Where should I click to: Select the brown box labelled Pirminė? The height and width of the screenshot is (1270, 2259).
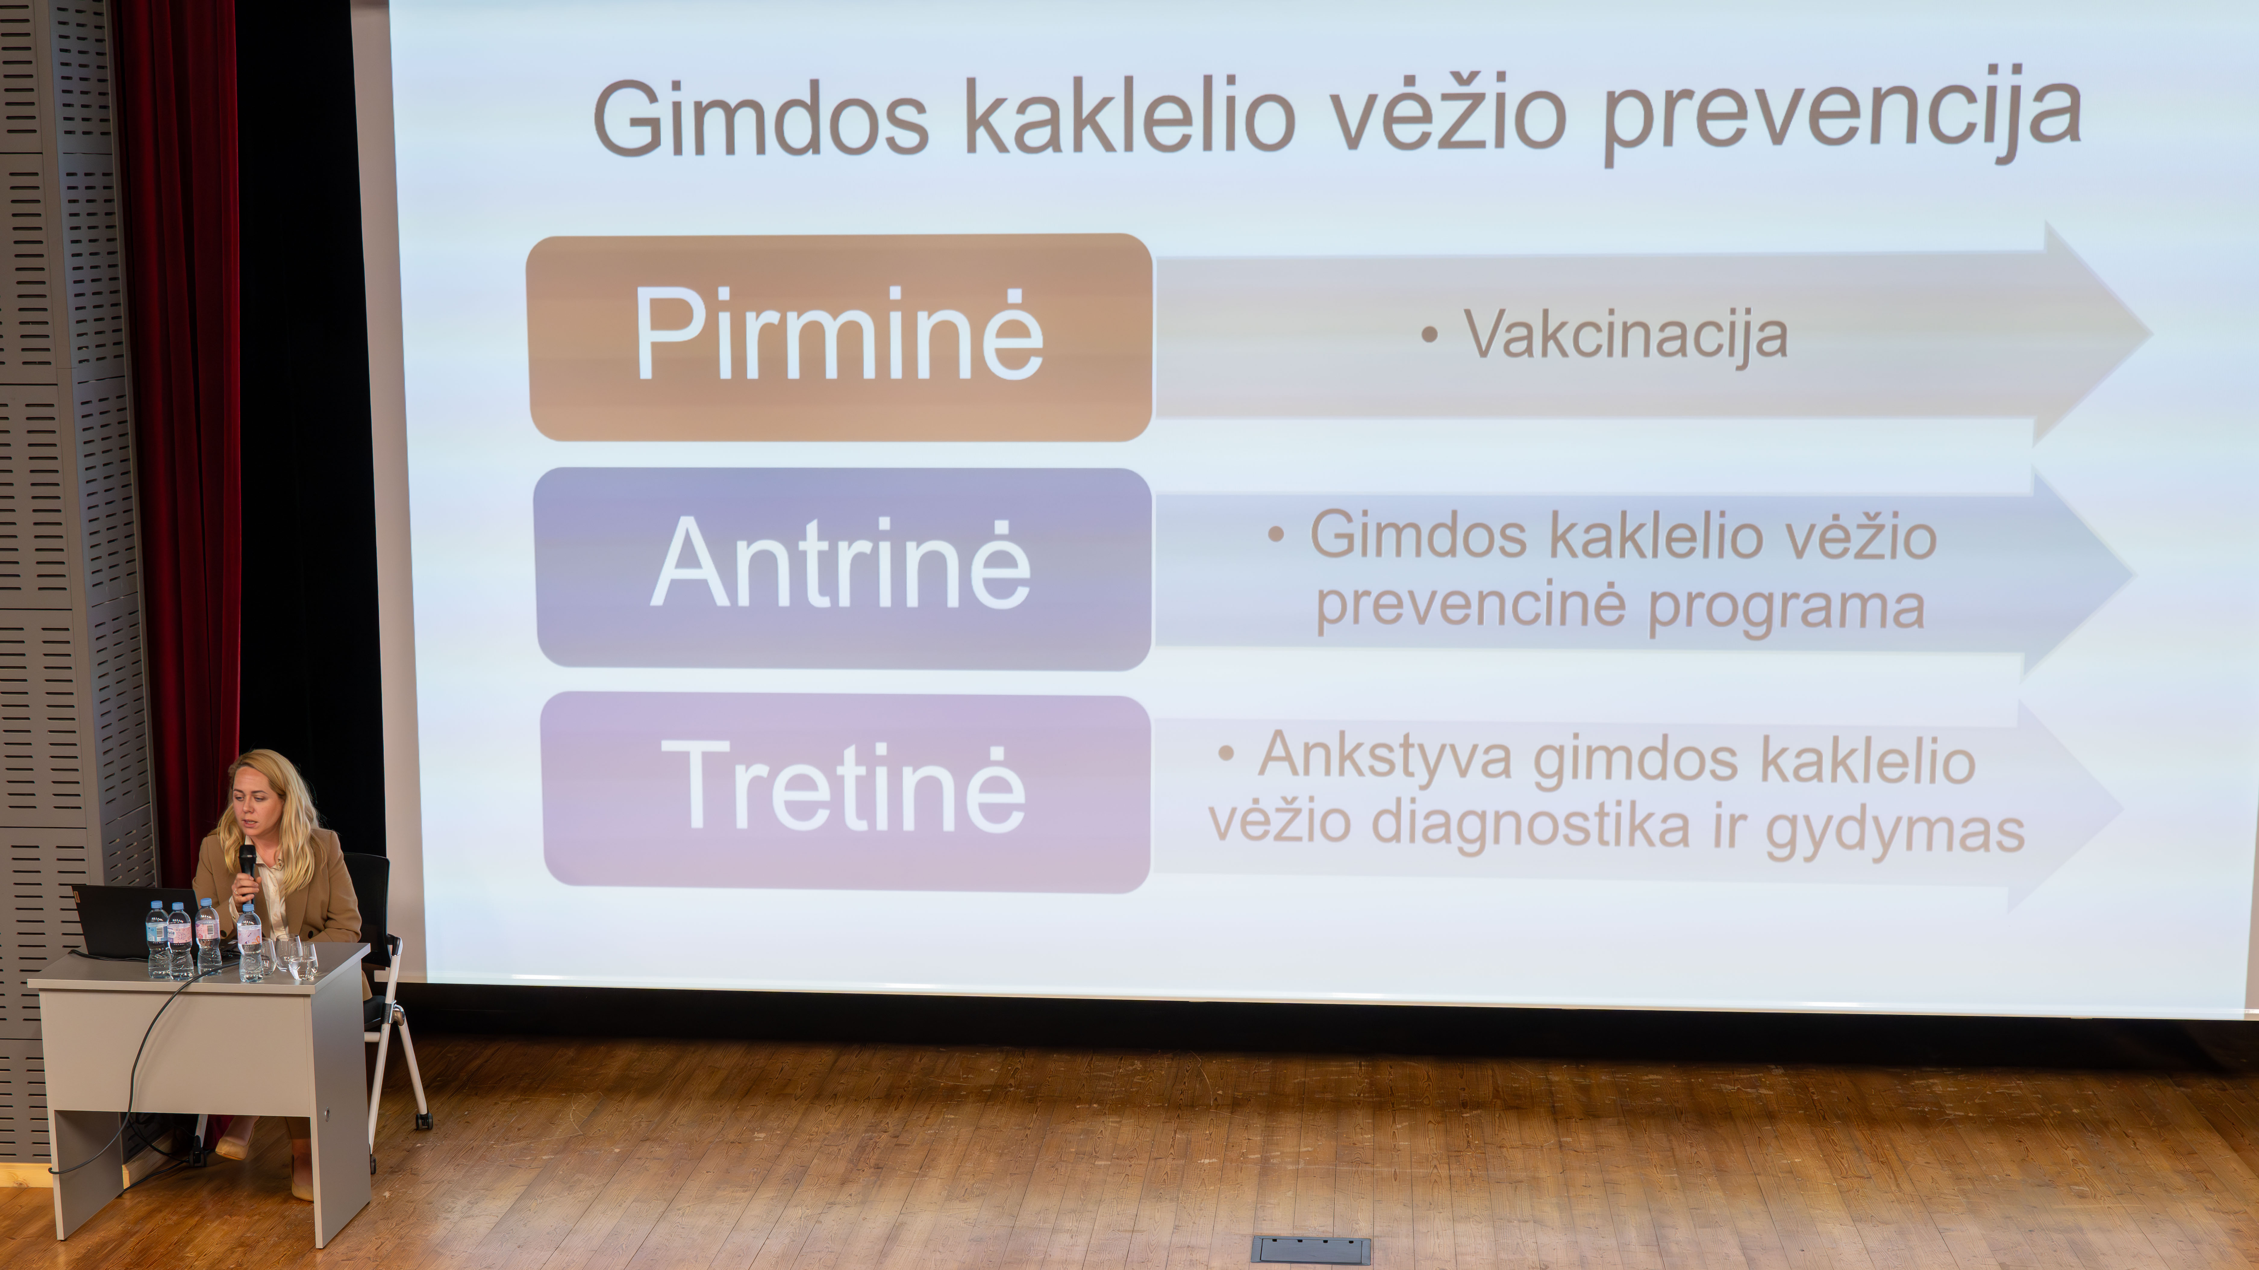coord(839,337)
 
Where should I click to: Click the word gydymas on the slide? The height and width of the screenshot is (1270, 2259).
coord(1894,829)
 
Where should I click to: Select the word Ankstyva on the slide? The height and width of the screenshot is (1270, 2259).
coord(1386,756)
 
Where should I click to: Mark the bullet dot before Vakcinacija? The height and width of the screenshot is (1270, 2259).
coord(1429,334)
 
